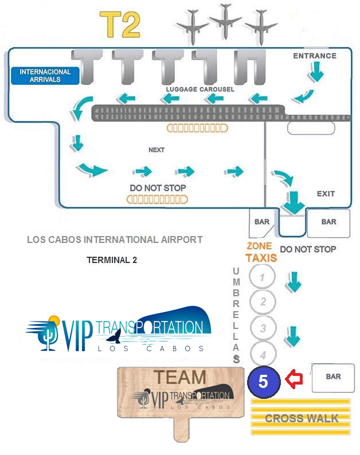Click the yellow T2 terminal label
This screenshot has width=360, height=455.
120,24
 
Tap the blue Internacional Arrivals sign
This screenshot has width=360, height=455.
45,76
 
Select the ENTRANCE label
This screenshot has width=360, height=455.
315,56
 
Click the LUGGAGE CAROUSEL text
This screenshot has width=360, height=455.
200,89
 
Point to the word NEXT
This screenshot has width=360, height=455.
156,150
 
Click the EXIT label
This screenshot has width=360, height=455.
326,194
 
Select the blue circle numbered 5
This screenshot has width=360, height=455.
263,382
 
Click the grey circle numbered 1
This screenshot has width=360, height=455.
263,277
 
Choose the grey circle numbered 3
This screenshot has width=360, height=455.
263,328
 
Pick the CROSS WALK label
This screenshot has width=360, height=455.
302,418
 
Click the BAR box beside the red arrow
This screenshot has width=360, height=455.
333,378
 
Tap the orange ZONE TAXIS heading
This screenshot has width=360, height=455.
261,253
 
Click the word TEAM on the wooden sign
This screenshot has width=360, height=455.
179,377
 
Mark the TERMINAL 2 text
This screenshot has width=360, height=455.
112,260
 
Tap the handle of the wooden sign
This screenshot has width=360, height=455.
181,430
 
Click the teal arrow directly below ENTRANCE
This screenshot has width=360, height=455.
317,72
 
